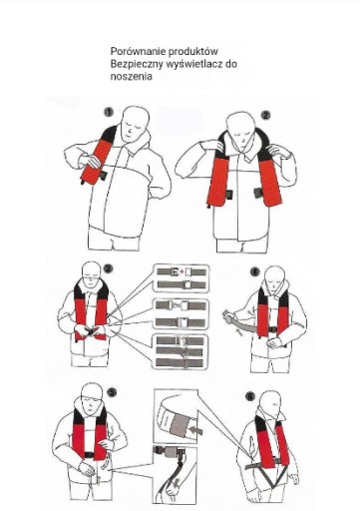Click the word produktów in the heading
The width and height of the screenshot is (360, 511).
(193, 52)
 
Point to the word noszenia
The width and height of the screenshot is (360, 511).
(132, 77)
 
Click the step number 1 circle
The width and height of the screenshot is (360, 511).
(109, 112)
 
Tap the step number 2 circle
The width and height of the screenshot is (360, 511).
(265, 115)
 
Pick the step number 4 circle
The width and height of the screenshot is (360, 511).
(255, 271)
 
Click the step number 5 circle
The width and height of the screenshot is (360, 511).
(113, 392)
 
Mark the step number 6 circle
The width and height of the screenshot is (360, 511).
(250, 396)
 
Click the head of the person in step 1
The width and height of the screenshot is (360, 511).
(135, 124)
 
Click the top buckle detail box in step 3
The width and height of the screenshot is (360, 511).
(181, 278)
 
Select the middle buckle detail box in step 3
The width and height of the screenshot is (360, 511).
(181, 314)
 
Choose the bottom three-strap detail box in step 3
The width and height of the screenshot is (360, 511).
(180, 352)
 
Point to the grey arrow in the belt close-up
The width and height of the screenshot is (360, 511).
(195, 431)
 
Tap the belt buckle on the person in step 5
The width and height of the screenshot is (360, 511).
(89, 455)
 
